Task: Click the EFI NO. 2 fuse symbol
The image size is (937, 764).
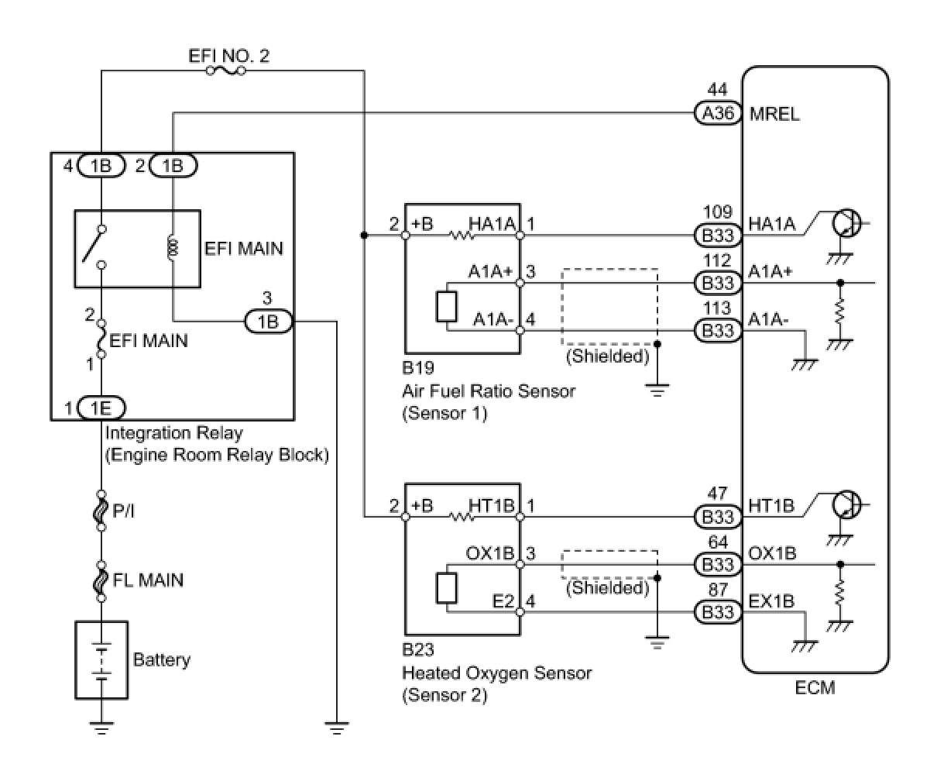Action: coord(225,71)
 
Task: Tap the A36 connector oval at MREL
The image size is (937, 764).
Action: coord(718,113)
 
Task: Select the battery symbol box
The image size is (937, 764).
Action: coord(101,659)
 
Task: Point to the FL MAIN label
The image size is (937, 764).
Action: coord(148,580)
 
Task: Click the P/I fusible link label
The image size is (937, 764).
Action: coord(123,511)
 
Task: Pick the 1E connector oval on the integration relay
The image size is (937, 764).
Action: coord(101,408)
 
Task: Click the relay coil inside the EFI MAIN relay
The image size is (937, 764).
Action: coord(173,249)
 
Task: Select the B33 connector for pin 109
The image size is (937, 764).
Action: coord(718,236)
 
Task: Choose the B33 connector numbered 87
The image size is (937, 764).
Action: coord(718,611)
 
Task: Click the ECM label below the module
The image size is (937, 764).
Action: coord(815,687)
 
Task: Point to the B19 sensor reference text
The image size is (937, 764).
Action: coord(418,367)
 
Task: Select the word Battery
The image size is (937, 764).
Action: coord(162,659)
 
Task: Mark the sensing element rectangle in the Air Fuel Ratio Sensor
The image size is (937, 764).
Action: coord(447,306)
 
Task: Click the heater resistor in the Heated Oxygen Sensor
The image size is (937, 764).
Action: coord(462,517)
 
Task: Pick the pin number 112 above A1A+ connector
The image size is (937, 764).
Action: coord(718,260)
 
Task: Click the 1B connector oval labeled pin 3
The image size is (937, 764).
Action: coord(268,322)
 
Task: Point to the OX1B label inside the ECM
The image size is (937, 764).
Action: coord(772,553)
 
